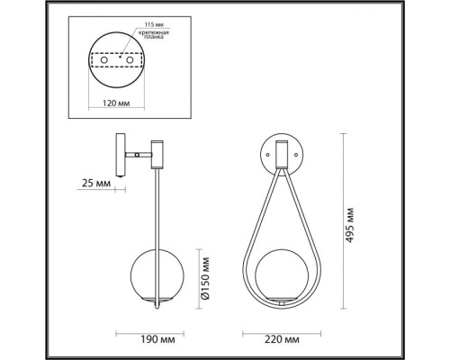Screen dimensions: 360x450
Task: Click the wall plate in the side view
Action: click(118, 155)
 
